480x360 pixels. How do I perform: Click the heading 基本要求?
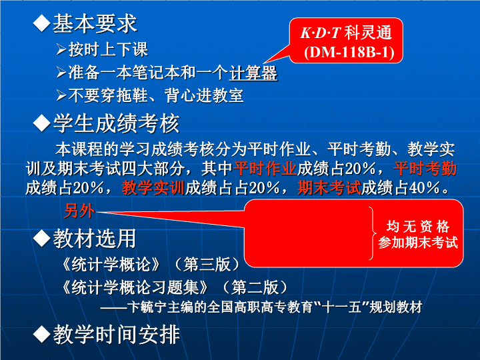95,23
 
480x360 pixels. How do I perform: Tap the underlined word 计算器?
253,73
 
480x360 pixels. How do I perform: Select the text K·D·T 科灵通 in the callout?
346,33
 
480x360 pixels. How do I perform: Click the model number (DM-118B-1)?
349,52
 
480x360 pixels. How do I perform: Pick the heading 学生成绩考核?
116,123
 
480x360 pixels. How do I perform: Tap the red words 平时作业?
265,169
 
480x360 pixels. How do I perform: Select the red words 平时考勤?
425,169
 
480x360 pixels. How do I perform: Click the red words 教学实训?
153,187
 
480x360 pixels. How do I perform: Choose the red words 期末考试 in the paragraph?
329,187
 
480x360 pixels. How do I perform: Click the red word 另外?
79,211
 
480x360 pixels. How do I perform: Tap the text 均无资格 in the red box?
418,227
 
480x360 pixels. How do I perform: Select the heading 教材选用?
95,239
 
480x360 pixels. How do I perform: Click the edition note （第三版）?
207,264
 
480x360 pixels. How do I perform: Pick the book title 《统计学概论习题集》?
135,287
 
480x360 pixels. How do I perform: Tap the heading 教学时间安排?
116,335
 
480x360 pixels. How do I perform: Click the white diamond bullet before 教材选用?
41,239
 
